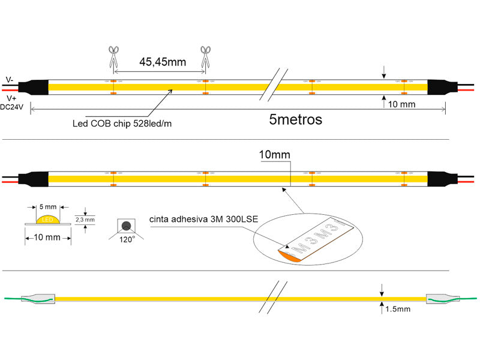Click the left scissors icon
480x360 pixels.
click(113, 57)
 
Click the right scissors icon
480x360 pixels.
click(206, 56)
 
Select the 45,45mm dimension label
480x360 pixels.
click(163, 62)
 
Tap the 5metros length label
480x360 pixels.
click(296, 119)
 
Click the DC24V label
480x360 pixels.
click(13, 107)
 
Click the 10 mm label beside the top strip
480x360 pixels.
click(402, 104)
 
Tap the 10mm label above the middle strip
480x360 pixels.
click(274, 155)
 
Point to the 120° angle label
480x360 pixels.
click(127, 239)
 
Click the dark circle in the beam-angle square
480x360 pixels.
click(127, 226)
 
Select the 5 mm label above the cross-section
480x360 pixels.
click(47, 206)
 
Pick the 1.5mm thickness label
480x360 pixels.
click(398, 309)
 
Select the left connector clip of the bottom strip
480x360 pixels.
click(38, 298)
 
